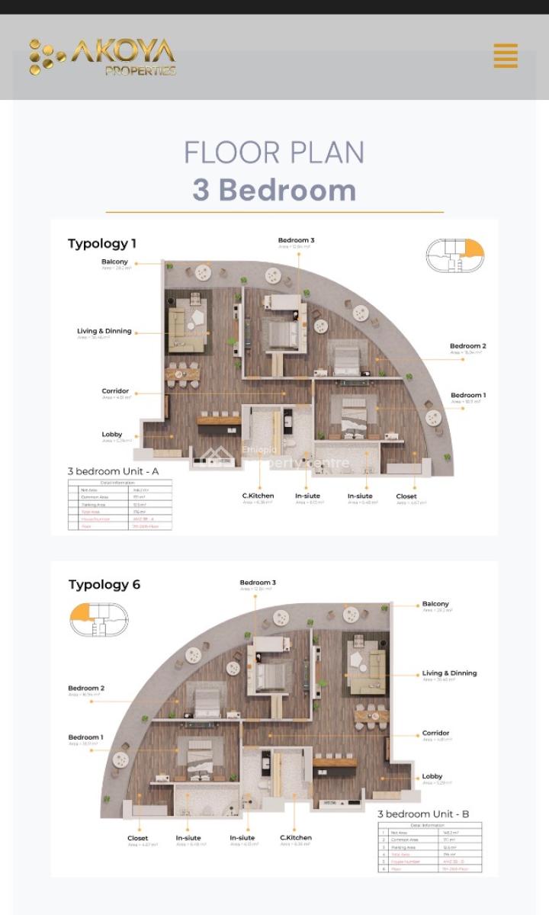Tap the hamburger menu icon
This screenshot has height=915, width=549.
click(x=506, y=56)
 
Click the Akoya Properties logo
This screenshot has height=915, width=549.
click(x=103, y=57)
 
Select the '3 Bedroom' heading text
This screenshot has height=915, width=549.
click(x=274, y=190)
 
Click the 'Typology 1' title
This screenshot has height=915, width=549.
click(x=102, y=244)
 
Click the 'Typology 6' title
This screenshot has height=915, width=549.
click(x=104, y=585)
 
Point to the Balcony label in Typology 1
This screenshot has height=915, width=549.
click(x=115, y=262)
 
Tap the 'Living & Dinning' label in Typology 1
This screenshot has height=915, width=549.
click(x=104, y=332)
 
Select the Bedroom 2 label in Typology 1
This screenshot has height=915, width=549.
click(x=467, y=346)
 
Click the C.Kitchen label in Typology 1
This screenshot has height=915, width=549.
click(x=258, y=496)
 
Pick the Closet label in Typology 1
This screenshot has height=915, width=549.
click(x=406, y=496)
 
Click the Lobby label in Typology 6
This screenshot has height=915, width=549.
click(x=432, y=777)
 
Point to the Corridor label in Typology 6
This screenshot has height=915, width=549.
click(x=435, y=734)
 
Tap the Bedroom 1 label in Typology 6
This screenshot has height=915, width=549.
click(x=85, y=737)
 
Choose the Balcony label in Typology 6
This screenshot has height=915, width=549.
click(x=435, y=604)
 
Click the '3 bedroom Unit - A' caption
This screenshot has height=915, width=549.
click(x=113, y=471)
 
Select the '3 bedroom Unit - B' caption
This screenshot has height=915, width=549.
click(x=423, y=814)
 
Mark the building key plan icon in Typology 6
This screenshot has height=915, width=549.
click(x=98, y=618)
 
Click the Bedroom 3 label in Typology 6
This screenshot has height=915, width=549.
click(x=258, y=583)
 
